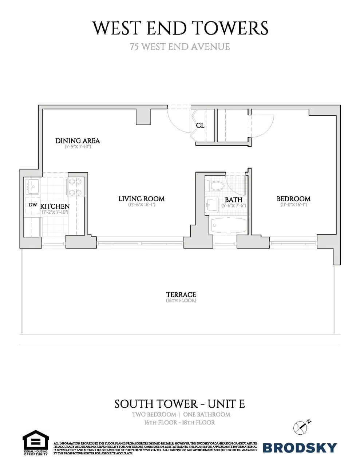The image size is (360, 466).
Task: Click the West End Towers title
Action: click(x=180, y=28)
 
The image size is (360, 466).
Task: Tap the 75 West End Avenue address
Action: click(x=180, y=47)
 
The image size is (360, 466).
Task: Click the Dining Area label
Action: click(x=78, y=141)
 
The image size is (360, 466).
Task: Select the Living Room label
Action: click(x=141, y=199)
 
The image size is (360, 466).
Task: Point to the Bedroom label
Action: click(x=293, y=199)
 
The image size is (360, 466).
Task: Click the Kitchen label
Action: click(x=55, y=206)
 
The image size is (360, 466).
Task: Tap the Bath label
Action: click(x=234, y=200)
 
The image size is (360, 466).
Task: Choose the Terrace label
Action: click(x=181, y=295)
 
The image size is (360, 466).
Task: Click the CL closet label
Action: click(x=200, y=126)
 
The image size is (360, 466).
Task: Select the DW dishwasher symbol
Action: click(x=33, y=205)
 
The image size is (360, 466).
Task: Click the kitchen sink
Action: click(x=33, y=187)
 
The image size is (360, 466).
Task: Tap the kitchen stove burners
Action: click(x=76, y=187)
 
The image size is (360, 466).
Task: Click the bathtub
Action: click(x=228, y=226)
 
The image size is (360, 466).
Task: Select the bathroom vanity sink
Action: click(x=211, y=206)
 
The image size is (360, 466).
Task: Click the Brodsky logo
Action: click(x=300, y=447)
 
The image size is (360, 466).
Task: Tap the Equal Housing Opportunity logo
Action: click(x=35, y=442)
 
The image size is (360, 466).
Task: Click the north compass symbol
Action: click(x=301, y=427)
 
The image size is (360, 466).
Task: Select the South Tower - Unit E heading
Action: click(x=180, y=404)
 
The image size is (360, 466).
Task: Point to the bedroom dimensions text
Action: click(x=293, y=205)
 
